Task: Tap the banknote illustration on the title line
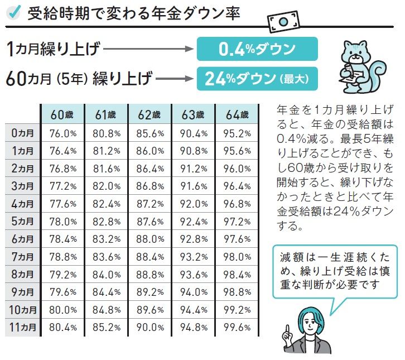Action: tap(283, 21)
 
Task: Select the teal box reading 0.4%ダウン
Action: tap(257, 49)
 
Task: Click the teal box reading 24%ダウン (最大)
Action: tap(257, 79)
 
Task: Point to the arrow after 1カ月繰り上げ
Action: tap(148, 49)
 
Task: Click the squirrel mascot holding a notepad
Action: tap(361, 66)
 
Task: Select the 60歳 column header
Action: tap(62, 114)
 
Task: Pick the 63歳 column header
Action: tap(193, 114)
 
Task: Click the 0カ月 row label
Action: tap(22, 133)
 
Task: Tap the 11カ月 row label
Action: tap(22, 327)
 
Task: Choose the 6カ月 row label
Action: tap(22, 239)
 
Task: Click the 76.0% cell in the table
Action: tap(63, 133)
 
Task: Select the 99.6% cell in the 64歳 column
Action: tap(237, 328)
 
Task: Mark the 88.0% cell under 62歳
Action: tap(150, 239)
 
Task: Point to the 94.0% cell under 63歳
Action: tap(194, 292)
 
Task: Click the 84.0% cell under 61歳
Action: tap(107, 275)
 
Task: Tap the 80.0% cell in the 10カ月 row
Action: tap(63, 310)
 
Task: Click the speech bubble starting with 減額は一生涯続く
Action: tap(335, 271)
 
